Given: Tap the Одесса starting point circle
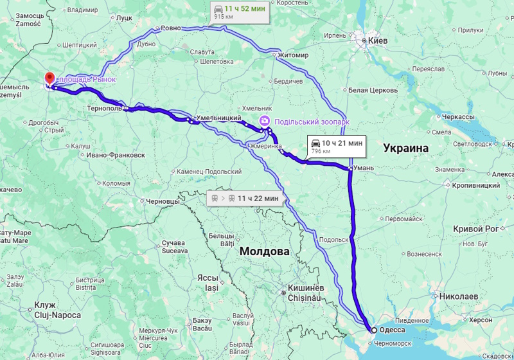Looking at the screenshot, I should (374, 330).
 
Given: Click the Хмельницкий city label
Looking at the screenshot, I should (218, 119).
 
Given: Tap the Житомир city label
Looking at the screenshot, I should (294, 55).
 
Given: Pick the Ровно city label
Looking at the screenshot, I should (171, 28).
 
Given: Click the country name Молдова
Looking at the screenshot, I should (264, 251).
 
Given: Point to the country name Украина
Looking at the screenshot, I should (405, 148).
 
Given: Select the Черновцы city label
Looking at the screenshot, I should (163, 201).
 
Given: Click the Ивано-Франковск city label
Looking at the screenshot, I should (116, 155).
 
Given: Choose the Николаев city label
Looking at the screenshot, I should (459, 296).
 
